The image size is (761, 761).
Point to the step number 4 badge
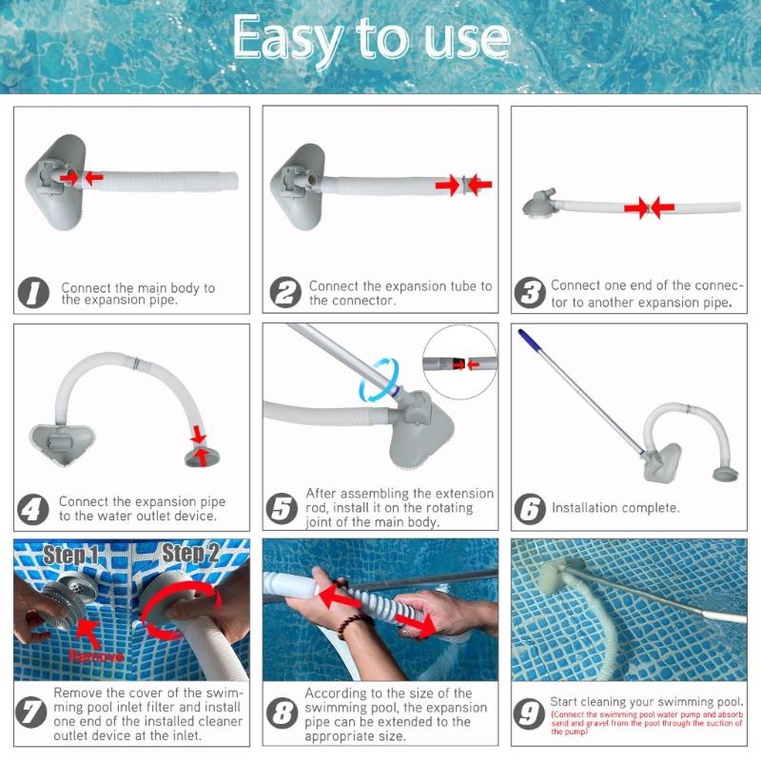(33, 509)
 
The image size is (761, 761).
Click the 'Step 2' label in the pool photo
(191, 553)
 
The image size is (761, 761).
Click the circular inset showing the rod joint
(459, 361)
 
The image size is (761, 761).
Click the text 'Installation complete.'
(615, 508)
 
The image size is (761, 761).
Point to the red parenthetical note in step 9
(647, 724)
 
